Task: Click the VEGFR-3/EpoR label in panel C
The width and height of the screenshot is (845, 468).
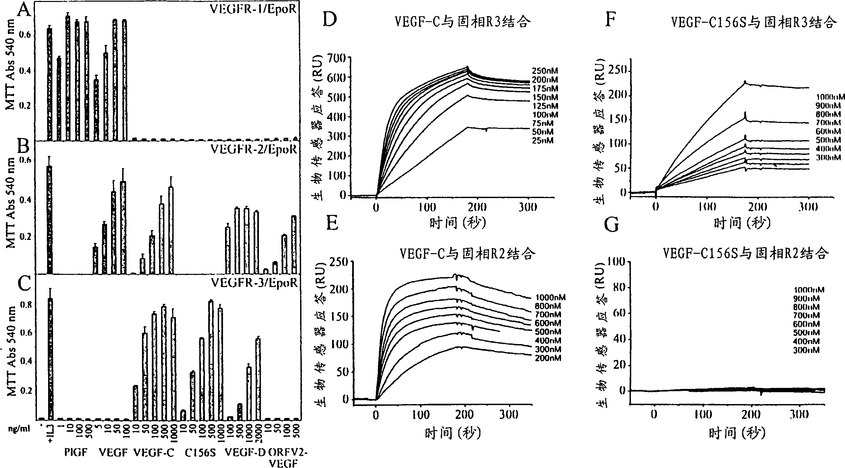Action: [x=254, y=283]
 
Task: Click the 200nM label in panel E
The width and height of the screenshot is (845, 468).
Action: [x=548, y=358]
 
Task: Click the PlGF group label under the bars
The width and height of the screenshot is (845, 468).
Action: [x=76, y=452]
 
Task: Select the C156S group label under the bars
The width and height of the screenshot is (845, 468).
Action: [x=200, y=453]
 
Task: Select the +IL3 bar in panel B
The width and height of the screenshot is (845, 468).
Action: [x=49, y=219]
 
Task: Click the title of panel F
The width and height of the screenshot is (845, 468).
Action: [x=753, y=23]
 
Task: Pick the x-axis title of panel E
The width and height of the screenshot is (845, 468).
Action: [x=452, y=433]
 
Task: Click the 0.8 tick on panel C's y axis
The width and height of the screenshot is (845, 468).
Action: [x=26, y=305]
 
